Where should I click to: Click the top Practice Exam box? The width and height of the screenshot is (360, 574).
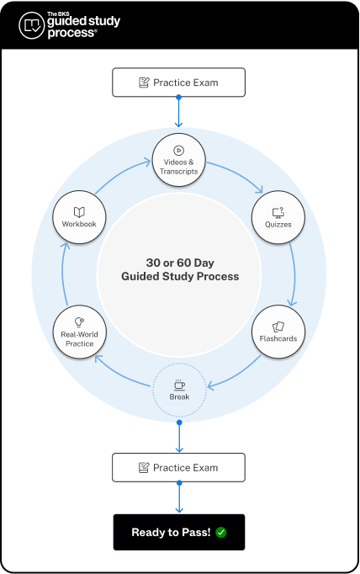[x=178, y=82]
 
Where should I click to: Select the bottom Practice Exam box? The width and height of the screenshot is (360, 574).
[x=178, y=467]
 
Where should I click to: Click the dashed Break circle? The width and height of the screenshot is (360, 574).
[x=178, y=390]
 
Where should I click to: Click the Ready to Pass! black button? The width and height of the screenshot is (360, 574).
[x=178, y=532]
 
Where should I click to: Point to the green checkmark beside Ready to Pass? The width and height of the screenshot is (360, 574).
[x=221, y=532]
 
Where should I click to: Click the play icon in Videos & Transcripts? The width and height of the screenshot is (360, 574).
[x=178, y=151]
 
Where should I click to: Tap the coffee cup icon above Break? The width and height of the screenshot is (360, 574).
[x=178, y=385]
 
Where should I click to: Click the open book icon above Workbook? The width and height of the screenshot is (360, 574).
[x=79, y=212]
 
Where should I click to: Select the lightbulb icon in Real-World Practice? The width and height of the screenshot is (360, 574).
[x=79, y=322]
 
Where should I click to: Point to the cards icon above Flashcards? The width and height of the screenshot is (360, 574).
[x=278, y=327]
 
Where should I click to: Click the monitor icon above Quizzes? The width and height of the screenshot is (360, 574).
[x=278, y=212]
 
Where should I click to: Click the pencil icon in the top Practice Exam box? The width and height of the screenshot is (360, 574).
[x=144, y=82]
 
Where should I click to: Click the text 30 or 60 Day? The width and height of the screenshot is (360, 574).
[x=178, y=261]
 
